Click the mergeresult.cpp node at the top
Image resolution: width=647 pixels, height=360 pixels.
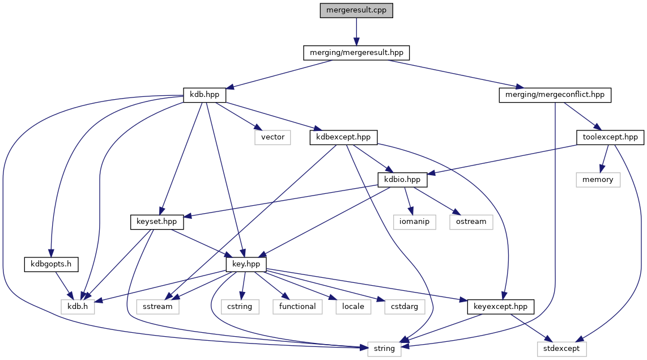356,10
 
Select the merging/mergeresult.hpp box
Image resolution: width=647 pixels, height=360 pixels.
356,53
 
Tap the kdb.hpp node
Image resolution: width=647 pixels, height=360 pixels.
205,95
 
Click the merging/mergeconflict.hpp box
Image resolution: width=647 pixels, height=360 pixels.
555,95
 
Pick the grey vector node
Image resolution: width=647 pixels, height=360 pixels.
273,137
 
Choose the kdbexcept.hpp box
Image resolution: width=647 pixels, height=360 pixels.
344,137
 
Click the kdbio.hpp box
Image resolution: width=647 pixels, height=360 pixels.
402,180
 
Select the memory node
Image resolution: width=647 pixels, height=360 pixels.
598,180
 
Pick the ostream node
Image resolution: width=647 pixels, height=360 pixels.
471,222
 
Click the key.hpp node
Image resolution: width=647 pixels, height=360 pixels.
246,264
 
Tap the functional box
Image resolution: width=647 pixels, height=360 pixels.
297,307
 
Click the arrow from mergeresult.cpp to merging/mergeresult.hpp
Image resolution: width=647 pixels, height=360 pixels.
356,31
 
